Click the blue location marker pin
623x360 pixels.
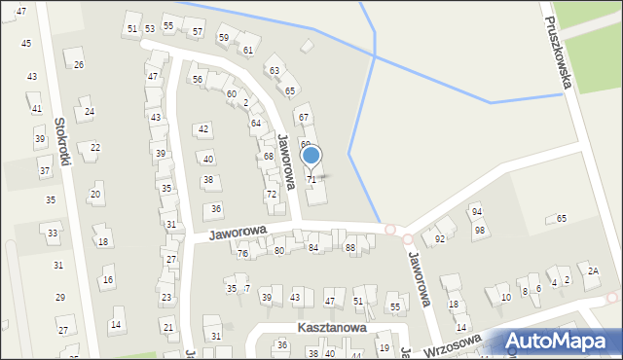(311, 156)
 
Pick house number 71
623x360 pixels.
(311, 180)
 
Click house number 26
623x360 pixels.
(79, 64)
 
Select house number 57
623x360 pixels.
(198, 32)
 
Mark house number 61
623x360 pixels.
(248, 50)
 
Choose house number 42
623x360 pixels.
(203, 128)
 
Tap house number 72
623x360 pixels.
(272, 195)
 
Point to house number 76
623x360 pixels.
(242, 253)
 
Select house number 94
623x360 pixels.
(477, 211)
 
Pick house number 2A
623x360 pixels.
(593, 270)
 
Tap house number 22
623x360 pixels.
(95, 147)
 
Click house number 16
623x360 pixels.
(108, 280)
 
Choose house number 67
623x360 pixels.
(304, 117)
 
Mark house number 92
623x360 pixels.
(440, 238)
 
